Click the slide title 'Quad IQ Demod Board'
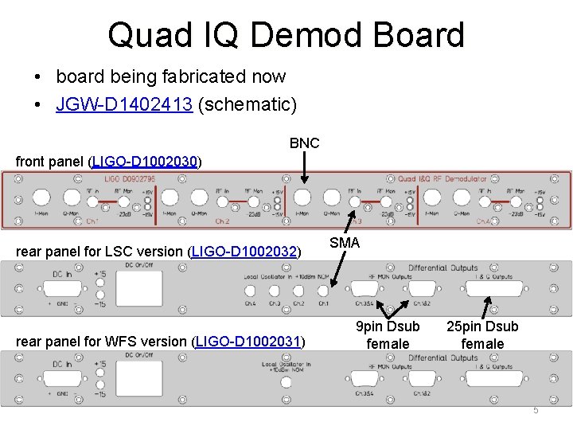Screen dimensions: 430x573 [x=286, y=35]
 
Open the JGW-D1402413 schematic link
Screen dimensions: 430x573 [x=124, y=104]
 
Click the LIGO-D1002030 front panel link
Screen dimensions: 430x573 [x=145, y=162]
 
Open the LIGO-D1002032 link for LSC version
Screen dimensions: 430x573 [x=245, y=252]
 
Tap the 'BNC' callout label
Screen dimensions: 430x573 [x=304, y=143]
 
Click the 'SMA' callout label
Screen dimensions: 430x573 [x=345, y=242]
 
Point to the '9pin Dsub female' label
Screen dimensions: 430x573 [x=388, y=335]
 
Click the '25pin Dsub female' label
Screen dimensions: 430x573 [x=482, y=335]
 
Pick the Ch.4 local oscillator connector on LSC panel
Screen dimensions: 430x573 [x=251, y=290]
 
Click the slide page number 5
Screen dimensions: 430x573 [x=536, y=410]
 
